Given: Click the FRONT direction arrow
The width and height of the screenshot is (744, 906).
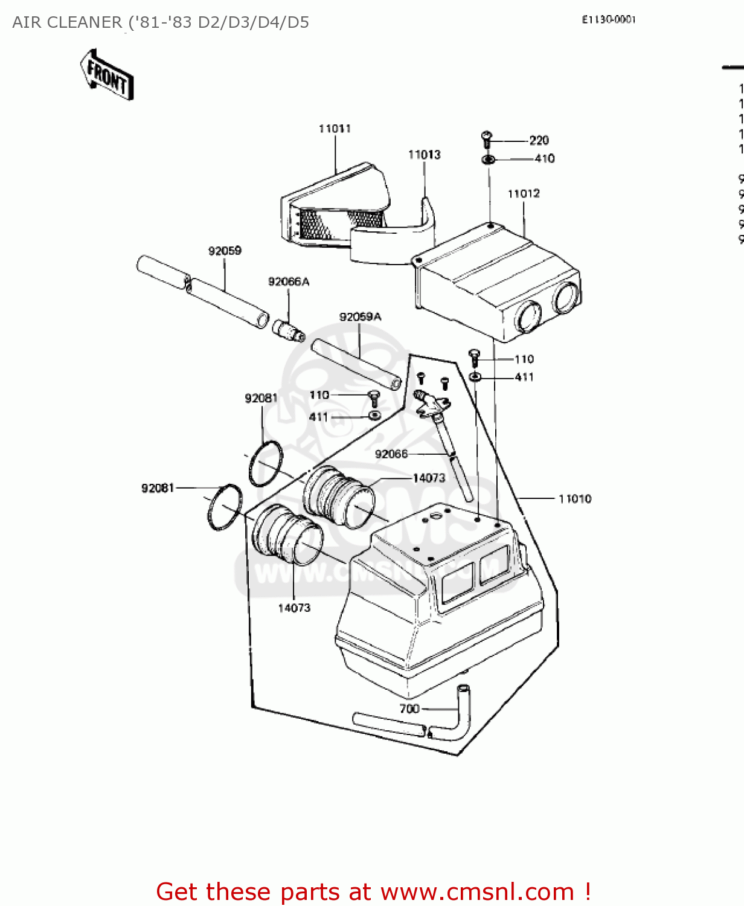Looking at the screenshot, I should pyautogui.click(x=107, y=75).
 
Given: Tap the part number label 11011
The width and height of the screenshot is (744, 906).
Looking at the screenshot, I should pyautogui.click(x=335, y=129).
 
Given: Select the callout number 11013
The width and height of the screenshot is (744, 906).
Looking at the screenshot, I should pyautogui.click(x=424, y=155).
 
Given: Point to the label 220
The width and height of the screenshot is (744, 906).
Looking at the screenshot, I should pyautogui.click(x=539, y=141).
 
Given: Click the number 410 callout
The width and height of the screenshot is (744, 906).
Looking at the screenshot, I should pyautogui.click(x=544, y=158).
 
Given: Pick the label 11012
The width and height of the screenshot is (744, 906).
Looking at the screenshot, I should pyautogui.click(x=524, y=194).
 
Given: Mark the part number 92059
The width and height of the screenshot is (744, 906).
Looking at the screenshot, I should pyautogui.click(x=225, y=251).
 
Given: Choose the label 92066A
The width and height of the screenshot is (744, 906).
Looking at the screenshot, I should pyautogui.click(x=288, y=281).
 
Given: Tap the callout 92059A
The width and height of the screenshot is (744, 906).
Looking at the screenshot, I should pyautogui.click(x=360, y=317).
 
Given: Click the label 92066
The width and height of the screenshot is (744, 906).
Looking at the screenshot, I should pyautogui.click(x=391, y=454).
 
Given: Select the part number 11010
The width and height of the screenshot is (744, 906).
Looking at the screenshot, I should pyautogui.click(x=574, y=499).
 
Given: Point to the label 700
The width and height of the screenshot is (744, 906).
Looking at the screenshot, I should pyautogui.click(x=409, y=708).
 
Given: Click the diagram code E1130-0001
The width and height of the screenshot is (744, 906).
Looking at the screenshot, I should pyautogui.click(x=609, y=19).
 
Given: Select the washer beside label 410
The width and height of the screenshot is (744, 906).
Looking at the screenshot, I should pyautogui.click(x=489, y=159).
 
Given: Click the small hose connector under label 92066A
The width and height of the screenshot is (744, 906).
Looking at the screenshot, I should pyautogui.click(x=287, y=330).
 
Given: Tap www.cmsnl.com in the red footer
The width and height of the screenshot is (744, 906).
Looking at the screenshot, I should pyautogui.click(x=476, y=892).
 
